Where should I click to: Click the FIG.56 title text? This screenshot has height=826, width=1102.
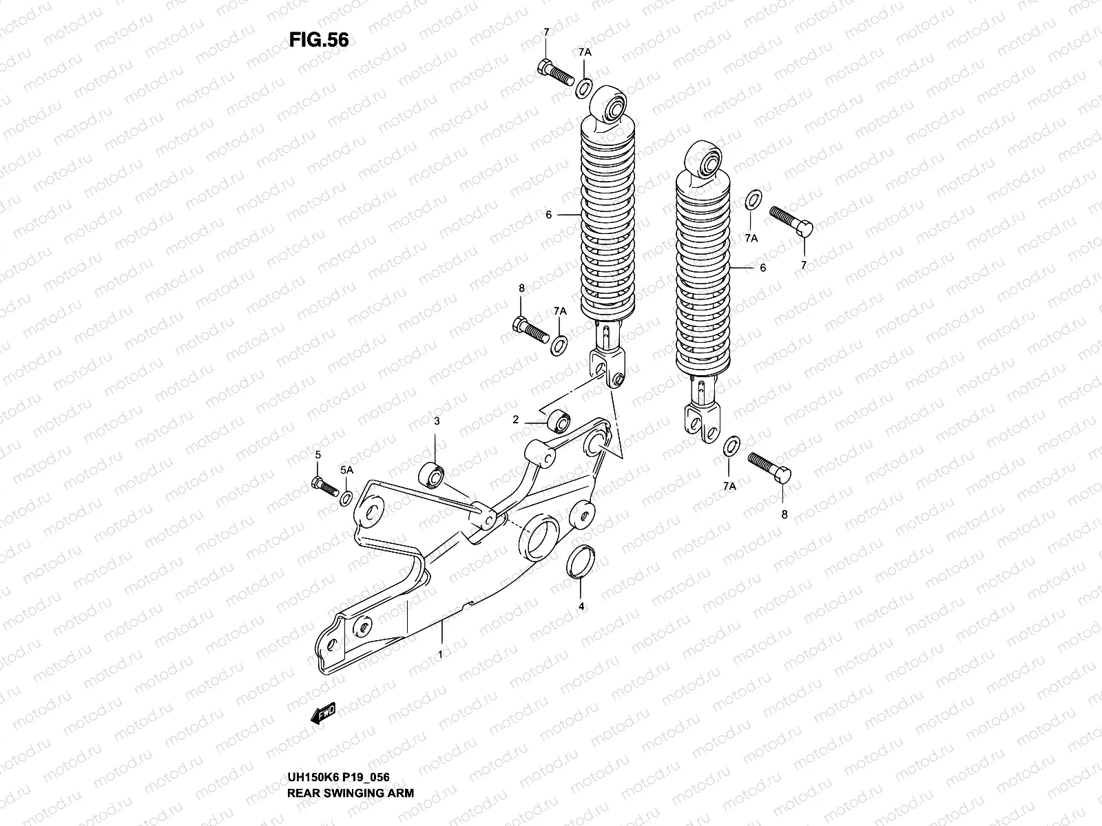(x=319, y=41)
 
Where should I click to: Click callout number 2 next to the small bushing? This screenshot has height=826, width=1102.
(x=515, y=419)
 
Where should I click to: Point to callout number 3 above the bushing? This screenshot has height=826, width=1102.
(x=436, y=420)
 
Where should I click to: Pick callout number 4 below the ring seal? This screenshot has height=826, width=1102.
(x=581, y=606)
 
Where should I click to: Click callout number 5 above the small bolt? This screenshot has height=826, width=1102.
(x=318, y=454)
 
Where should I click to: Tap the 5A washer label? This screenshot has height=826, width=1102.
(x=346, y=469)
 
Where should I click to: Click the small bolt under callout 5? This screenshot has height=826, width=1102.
(x=324, y=486)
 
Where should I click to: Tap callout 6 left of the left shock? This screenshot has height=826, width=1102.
(x=548, y=215)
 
